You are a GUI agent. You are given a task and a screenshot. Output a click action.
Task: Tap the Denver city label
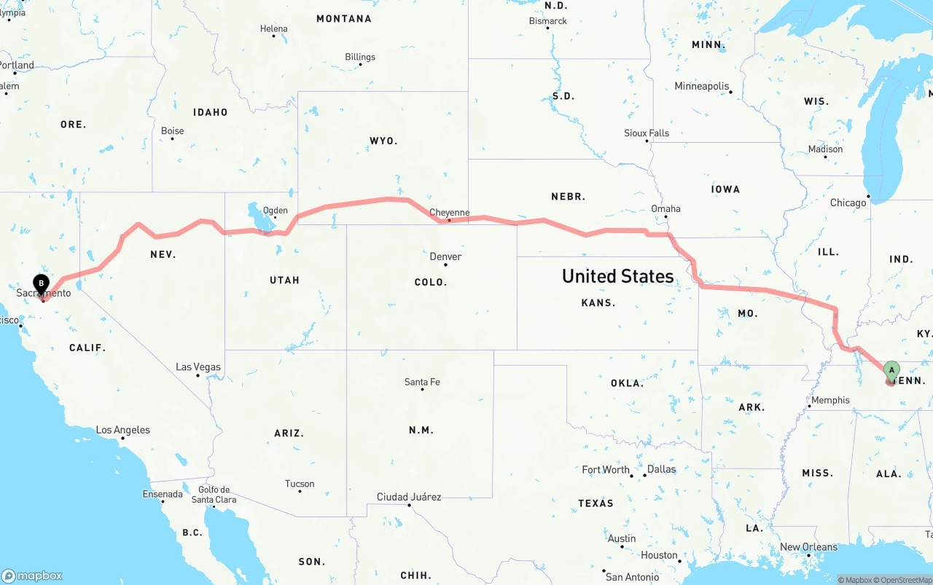[x=445, y=256]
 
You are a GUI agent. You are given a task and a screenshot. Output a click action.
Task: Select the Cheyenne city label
[x=449, y=213]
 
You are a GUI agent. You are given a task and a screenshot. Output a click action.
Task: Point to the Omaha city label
[x=665, y=208]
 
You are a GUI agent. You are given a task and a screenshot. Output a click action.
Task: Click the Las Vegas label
[x=198, y=367]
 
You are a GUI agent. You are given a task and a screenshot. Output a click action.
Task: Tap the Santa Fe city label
[x=422, y=382]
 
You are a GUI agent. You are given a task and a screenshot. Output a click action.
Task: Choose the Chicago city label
[x=848, y=203]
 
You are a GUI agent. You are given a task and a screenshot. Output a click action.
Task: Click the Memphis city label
[x=830, y=400]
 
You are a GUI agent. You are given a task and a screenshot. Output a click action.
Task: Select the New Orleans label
[x=808, y=547]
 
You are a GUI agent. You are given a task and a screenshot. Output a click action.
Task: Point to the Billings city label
[x=360, y=57]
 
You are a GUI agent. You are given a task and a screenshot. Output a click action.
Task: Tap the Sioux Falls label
[x=647, y=133]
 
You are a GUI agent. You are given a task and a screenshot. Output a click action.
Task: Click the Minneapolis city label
[x=701, y=86]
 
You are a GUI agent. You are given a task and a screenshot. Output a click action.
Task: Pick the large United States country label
[x=617, y=276]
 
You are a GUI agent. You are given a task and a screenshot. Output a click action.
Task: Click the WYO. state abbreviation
[x=383, y=141]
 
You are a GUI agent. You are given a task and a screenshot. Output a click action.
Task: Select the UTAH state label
[x=284, y=280]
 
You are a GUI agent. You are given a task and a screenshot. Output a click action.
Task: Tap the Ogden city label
[x=276, y=211]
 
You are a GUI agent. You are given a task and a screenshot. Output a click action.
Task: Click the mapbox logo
[x=32, y=576]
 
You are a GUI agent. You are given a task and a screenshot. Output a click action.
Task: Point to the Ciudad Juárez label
[x=408, y=497]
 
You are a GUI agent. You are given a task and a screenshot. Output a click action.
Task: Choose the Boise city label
[x=173, y=131]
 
